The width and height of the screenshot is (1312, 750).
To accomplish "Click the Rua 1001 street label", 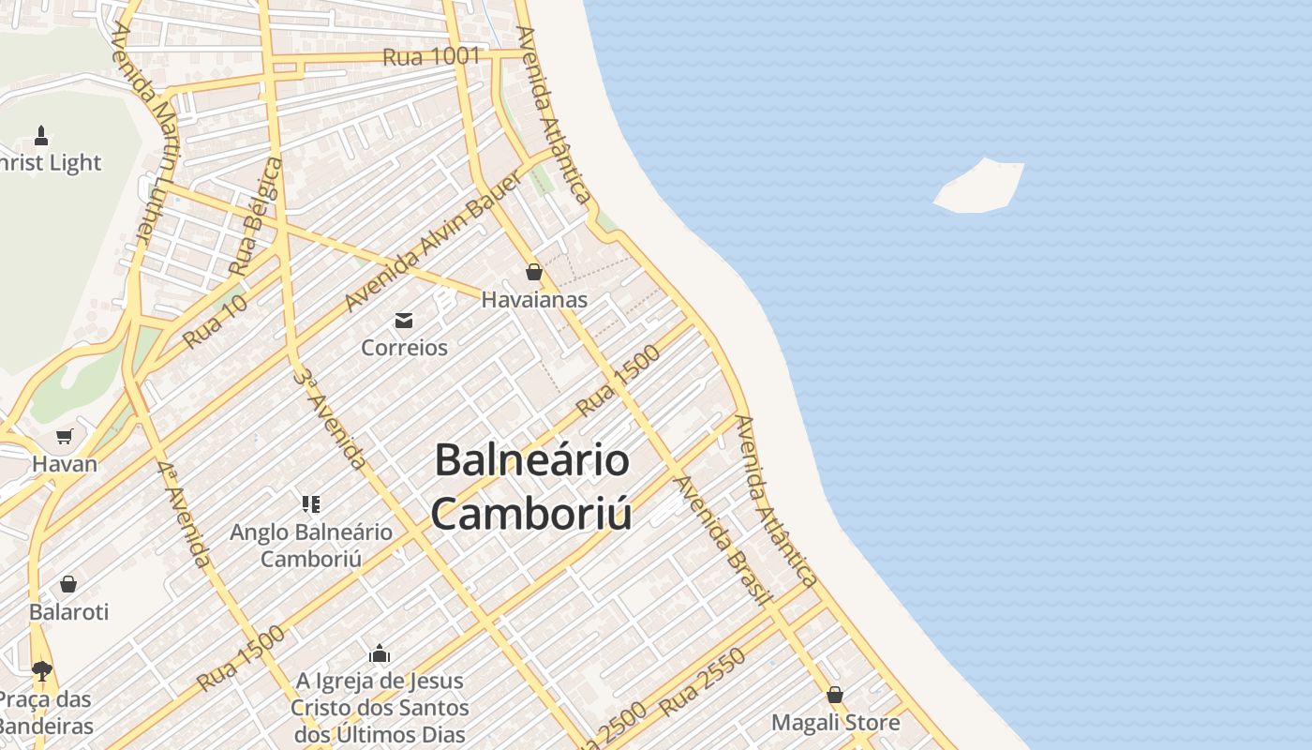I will click(431, 56).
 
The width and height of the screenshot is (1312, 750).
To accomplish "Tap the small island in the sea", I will click(980, 186).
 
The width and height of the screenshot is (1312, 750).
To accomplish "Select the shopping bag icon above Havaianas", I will click(534, 273).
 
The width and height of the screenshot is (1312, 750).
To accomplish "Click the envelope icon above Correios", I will click(404, 321).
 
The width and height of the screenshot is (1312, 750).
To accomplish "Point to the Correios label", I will click(405, 348).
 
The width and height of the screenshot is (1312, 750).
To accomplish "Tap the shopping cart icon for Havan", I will click(65, 436).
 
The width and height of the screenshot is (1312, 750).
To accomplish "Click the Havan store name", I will click(65, 464).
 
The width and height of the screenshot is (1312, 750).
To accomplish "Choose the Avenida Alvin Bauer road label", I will click(432, 241).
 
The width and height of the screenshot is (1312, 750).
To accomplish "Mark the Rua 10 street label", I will click(216, 322).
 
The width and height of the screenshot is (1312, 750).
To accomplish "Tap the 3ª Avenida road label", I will click(329, 418).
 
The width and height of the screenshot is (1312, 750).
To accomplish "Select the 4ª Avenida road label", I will click(184, 515).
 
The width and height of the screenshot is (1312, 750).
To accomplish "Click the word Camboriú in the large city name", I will click(530, 514).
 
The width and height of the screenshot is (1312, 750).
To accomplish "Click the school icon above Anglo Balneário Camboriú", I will click(312, 504).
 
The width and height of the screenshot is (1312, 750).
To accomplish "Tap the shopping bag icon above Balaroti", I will click(68, 585).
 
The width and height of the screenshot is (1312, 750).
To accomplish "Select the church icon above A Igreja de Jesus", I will click(380, 652).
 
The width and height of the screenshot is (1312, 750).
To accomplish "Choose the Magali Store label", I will click(835, 723).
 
